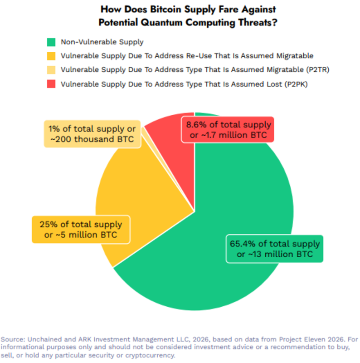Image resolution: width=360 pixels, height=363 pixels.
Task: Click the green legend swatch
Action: coord(50,42)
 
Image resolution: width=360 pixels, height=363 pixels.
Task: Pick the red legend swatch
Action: coord(50,83)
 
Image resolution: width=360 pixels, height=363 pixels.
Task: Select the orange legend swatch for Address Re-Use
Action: coord(50,56)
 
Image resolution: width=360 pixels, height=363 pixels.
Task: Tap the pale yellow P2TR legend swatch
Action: coord(50,70)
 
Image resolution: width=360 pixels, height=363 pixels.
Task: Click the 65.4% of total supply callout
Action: coord(275,249)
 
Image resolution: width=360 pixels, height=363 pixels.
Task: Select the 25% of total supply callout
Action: coord(80,230)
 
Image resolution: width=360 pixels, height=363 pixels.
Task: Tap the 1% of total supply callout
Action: coord(93,134)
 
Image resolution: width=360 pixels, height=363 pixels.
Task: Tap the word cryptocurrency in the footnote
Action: coord(151,355)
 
